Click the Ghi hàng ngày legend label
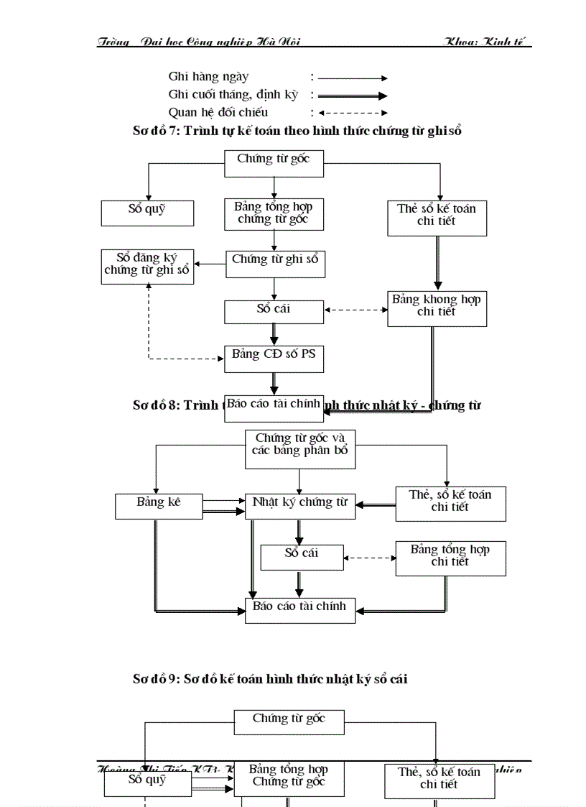208,77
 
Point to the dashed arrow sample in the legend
353,113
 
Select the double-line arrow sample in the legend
353,96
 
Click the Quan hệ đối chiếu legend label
218,112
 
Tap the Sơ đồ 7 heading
297,131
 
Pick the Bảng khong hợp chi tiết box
437,308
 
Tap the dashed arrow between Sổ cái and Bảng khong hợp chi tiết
355,310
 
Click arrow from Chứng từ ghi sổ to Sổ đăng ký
210,264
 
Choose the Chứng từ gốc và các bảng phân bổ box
299,448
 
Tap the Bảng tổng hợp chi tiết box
450,558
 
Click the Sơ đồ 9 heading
270,678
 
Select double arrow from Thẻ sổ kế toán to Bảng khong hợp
437,263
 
